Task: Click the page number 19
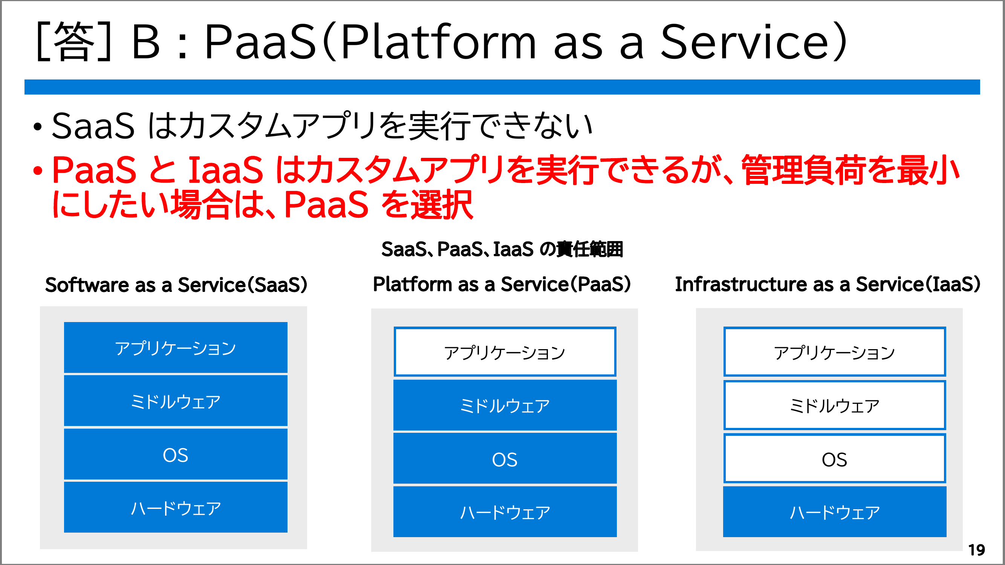point(976,550)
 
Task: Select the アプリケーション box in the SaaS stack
point(176,347)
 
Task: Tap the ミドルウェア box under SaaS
point(176,401)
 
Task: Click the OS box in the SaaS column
point(176,454)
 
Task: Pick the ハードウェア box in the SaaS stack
point(176,507)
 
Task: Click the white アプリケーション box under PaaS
point(505,352)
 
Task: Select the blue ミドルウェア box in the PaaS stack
point(505,405)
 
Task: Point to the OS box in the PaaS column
point(505,458)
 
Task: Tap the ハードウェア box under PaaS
point(505,512)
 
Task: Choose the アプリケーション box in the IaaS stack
point(835,352)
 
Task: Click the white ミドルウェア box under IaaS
point(835,405)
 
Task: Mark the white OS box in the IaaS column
point(835,458)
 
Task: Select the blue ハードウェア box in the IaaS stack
point(835,512)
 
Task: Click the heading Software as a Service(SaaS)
point(176,285)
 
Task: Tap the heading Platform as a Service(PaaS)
point(502,284)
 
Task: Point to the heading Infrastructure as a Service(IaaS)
point(828,284)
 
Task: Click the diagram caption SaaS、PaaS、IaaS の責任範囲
point(502,249)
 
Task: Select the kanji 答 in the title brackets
point(74,41)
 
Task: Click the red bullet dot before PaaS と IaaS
point(37,170)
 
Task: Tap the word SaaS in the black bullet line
point(93,126)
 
